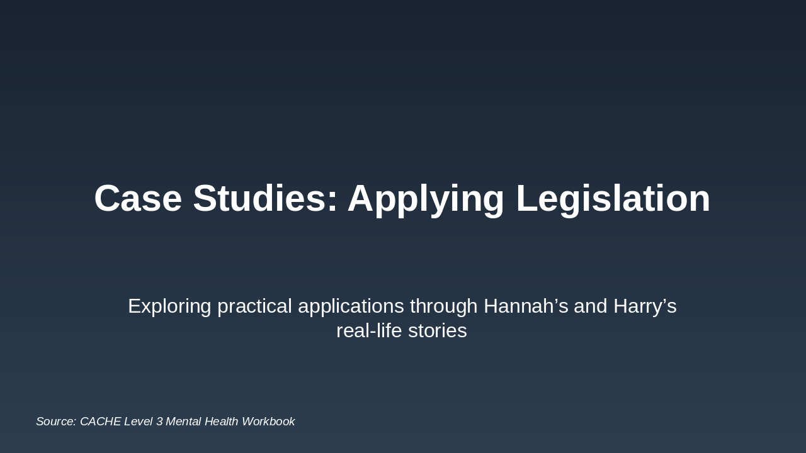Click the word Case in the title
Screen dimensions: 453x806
click(x=138, y=199)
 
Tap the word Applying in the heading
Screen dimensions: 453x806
click(x=426, y=199)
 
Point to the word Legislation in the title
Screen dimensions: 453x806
click(x=613, y=199)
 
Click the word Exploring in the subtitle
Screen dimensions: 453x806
click(x=169, y=306)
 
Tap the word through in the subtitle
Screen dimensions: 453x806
click(x=443, y=306)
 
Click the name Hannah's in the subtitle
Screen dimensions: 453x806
click(x=526, y=306)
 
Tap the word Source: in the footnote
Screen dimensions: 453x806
click(x=56, y=422)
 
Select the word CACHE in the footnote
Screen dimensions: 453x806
click(x=100, y=422)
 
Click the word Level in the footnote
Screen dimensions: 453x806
click(x=138, y=422)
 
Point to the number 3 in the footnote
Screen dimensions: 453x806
click(x=159, y=422)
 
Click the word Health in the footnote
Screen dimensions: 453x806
click(x=220, y=422)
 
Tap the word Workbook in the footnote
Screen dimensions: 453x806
click(x=268, y=422)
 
